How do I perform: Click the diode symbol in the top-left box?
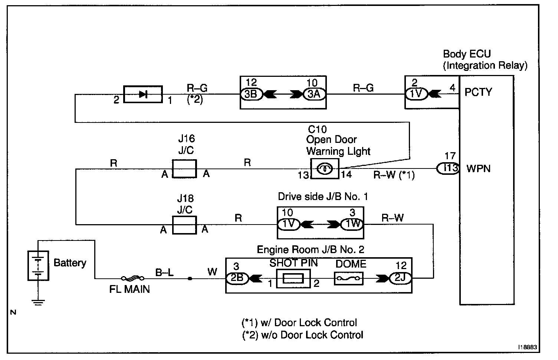click(143, 94)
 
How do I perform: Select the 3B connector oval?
click(251, 94)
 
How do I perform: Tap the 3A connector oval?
click(314, 94)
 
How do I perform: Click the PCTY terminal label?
click(478, 92)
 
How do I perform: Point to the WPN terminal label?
click(479, 168)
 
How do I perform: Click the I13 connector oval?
click(448, 168)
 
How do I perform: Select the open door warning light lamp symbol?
click(325, 169)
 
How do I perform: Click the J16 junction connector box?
click(184, 168)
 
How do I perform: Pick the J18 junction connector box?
click(184, 225)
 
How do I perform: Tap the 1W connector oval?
click(352, 224)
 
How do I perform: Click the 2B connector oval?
click(237, 278)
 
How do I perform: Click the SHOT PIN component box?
click(293, 278)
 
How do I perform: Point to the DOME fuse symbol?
click(348, 278)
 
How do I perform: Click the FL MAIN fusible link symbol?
click(132, 278)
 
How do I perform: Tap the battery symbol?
click(38, 266)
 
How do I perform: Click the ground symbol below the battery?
click(38, 302)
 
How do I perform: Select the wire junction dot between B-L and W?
click(190, 278)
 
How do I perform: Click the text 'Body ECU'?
click(467, 54)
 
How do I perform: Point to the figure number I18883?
click(528, 347)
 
